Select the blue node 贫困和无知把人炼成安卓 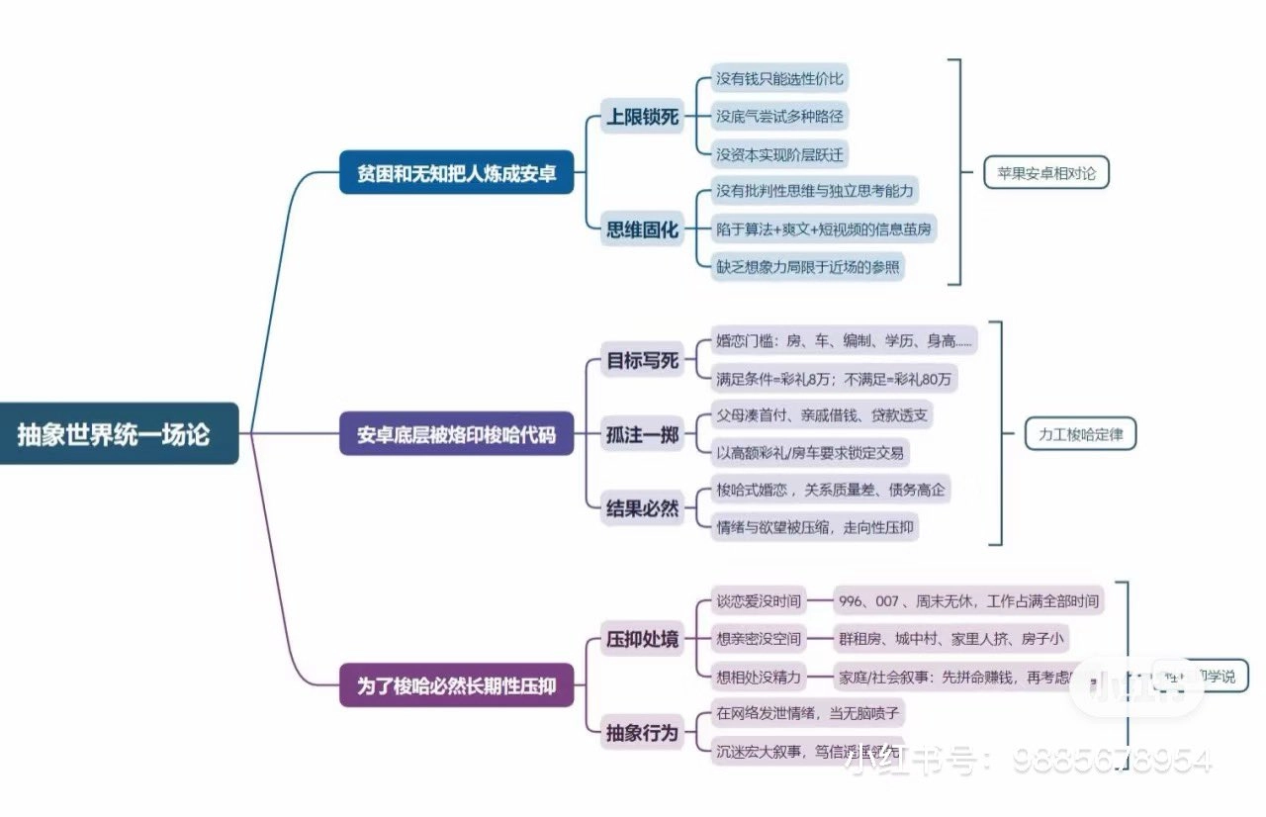click(456, 173)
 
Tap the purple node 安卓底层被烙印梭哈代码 click(456, 433)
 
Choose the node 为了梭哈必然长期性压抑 click(456, 684)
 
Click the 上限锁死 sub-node click(642, 117)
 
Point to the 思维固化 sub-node click(642, 229)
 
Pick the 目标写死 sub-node click(642, 360)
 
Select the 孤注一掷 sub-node click(642, 434)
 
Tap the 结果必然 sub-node click(642, 508)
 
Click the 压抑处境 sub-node click(642, 639)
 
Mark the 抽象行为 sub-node click(642, 732)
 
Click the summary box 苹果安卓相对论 click(1046, 173)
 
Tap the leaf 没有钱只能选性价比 click(779, 79)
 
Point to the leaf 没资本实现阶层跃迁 click(779, 154)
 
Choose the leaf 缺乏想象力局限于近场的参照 click(808, 267)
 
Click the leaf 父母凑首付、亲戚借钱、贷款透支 click(821, 415)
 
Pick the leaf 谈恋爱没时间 click(758, 601)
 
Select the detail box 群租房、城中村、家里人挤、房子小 click(950, 639)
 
